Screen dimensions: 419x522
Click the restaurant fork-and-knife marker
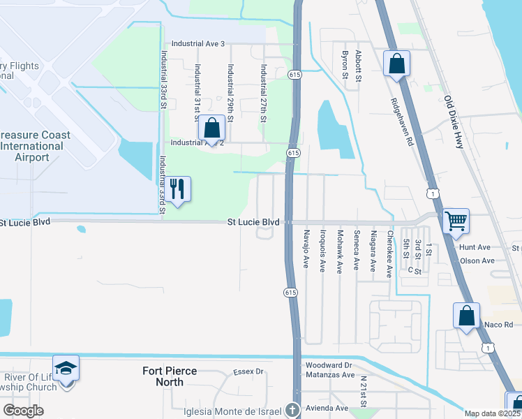tap(177, 189)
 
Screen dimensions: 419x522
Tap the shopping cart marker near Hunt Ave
tap(456, 221)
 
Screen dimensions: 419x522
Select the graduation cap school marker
tap(66, 368)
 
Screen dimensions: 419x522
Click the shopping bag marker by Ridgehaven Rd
tap(396, 64)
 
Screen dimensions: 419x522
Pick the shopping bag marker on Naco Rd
tap(466, 315)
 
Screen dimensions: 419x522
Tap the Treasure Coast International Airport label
tap(32, 146)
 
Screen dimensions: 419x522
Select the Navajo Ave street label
tap(306, 247)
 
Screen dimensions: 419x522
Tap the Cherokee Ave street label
tap(390, 254)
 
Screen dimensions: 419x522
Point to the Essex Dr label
tap(248, 372)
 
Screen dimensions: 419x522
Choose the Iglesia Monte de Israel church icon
tap(293, 410)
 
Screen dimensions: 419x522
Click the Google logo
tap(23, 411)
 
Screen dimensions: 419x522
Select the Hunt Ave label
tap(475, 247)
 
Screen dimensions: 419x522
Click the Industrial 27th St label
tap(263, 94)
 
